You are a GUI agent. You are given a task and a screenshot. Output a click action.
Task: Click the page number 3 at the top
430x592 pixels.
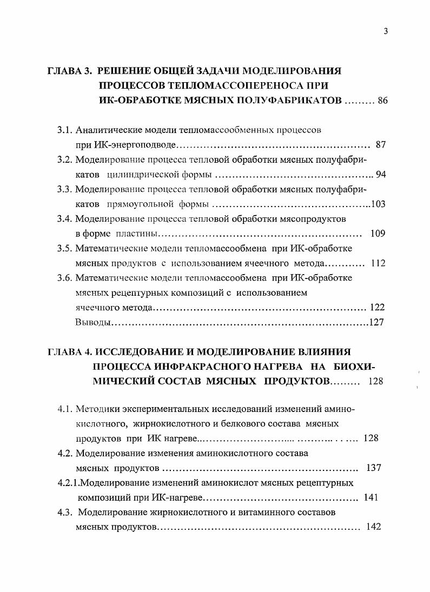386,31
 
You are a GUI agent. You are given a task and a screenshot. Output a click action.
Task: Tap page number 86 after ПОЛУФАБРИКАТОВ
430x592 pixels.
383,101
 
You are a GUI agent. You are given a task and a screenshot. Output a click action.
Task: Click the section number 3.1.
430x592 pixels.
65,131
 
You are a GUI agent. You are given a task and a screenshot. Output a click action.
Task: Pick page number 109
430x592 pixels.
377,234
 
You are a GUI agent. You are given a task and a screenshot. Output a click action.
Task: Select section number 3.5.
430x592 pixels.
65,249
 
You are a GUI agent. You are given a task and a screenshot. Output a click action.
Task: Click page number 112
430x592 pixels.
378,264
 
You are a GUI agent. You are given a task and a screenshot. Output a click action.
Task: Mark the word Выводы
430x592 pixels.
93,323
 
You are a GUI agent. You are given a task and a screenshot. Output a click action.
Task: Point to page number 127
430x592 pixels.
377,323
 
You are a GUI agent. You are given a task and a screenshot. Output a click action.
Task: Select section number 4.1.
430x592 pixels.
65,408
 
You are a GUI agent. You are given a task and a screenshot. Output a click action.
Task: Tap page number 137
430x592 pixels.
374,468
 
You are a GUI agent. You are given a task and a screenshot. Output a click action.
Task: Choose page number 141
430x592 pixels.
371,497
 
